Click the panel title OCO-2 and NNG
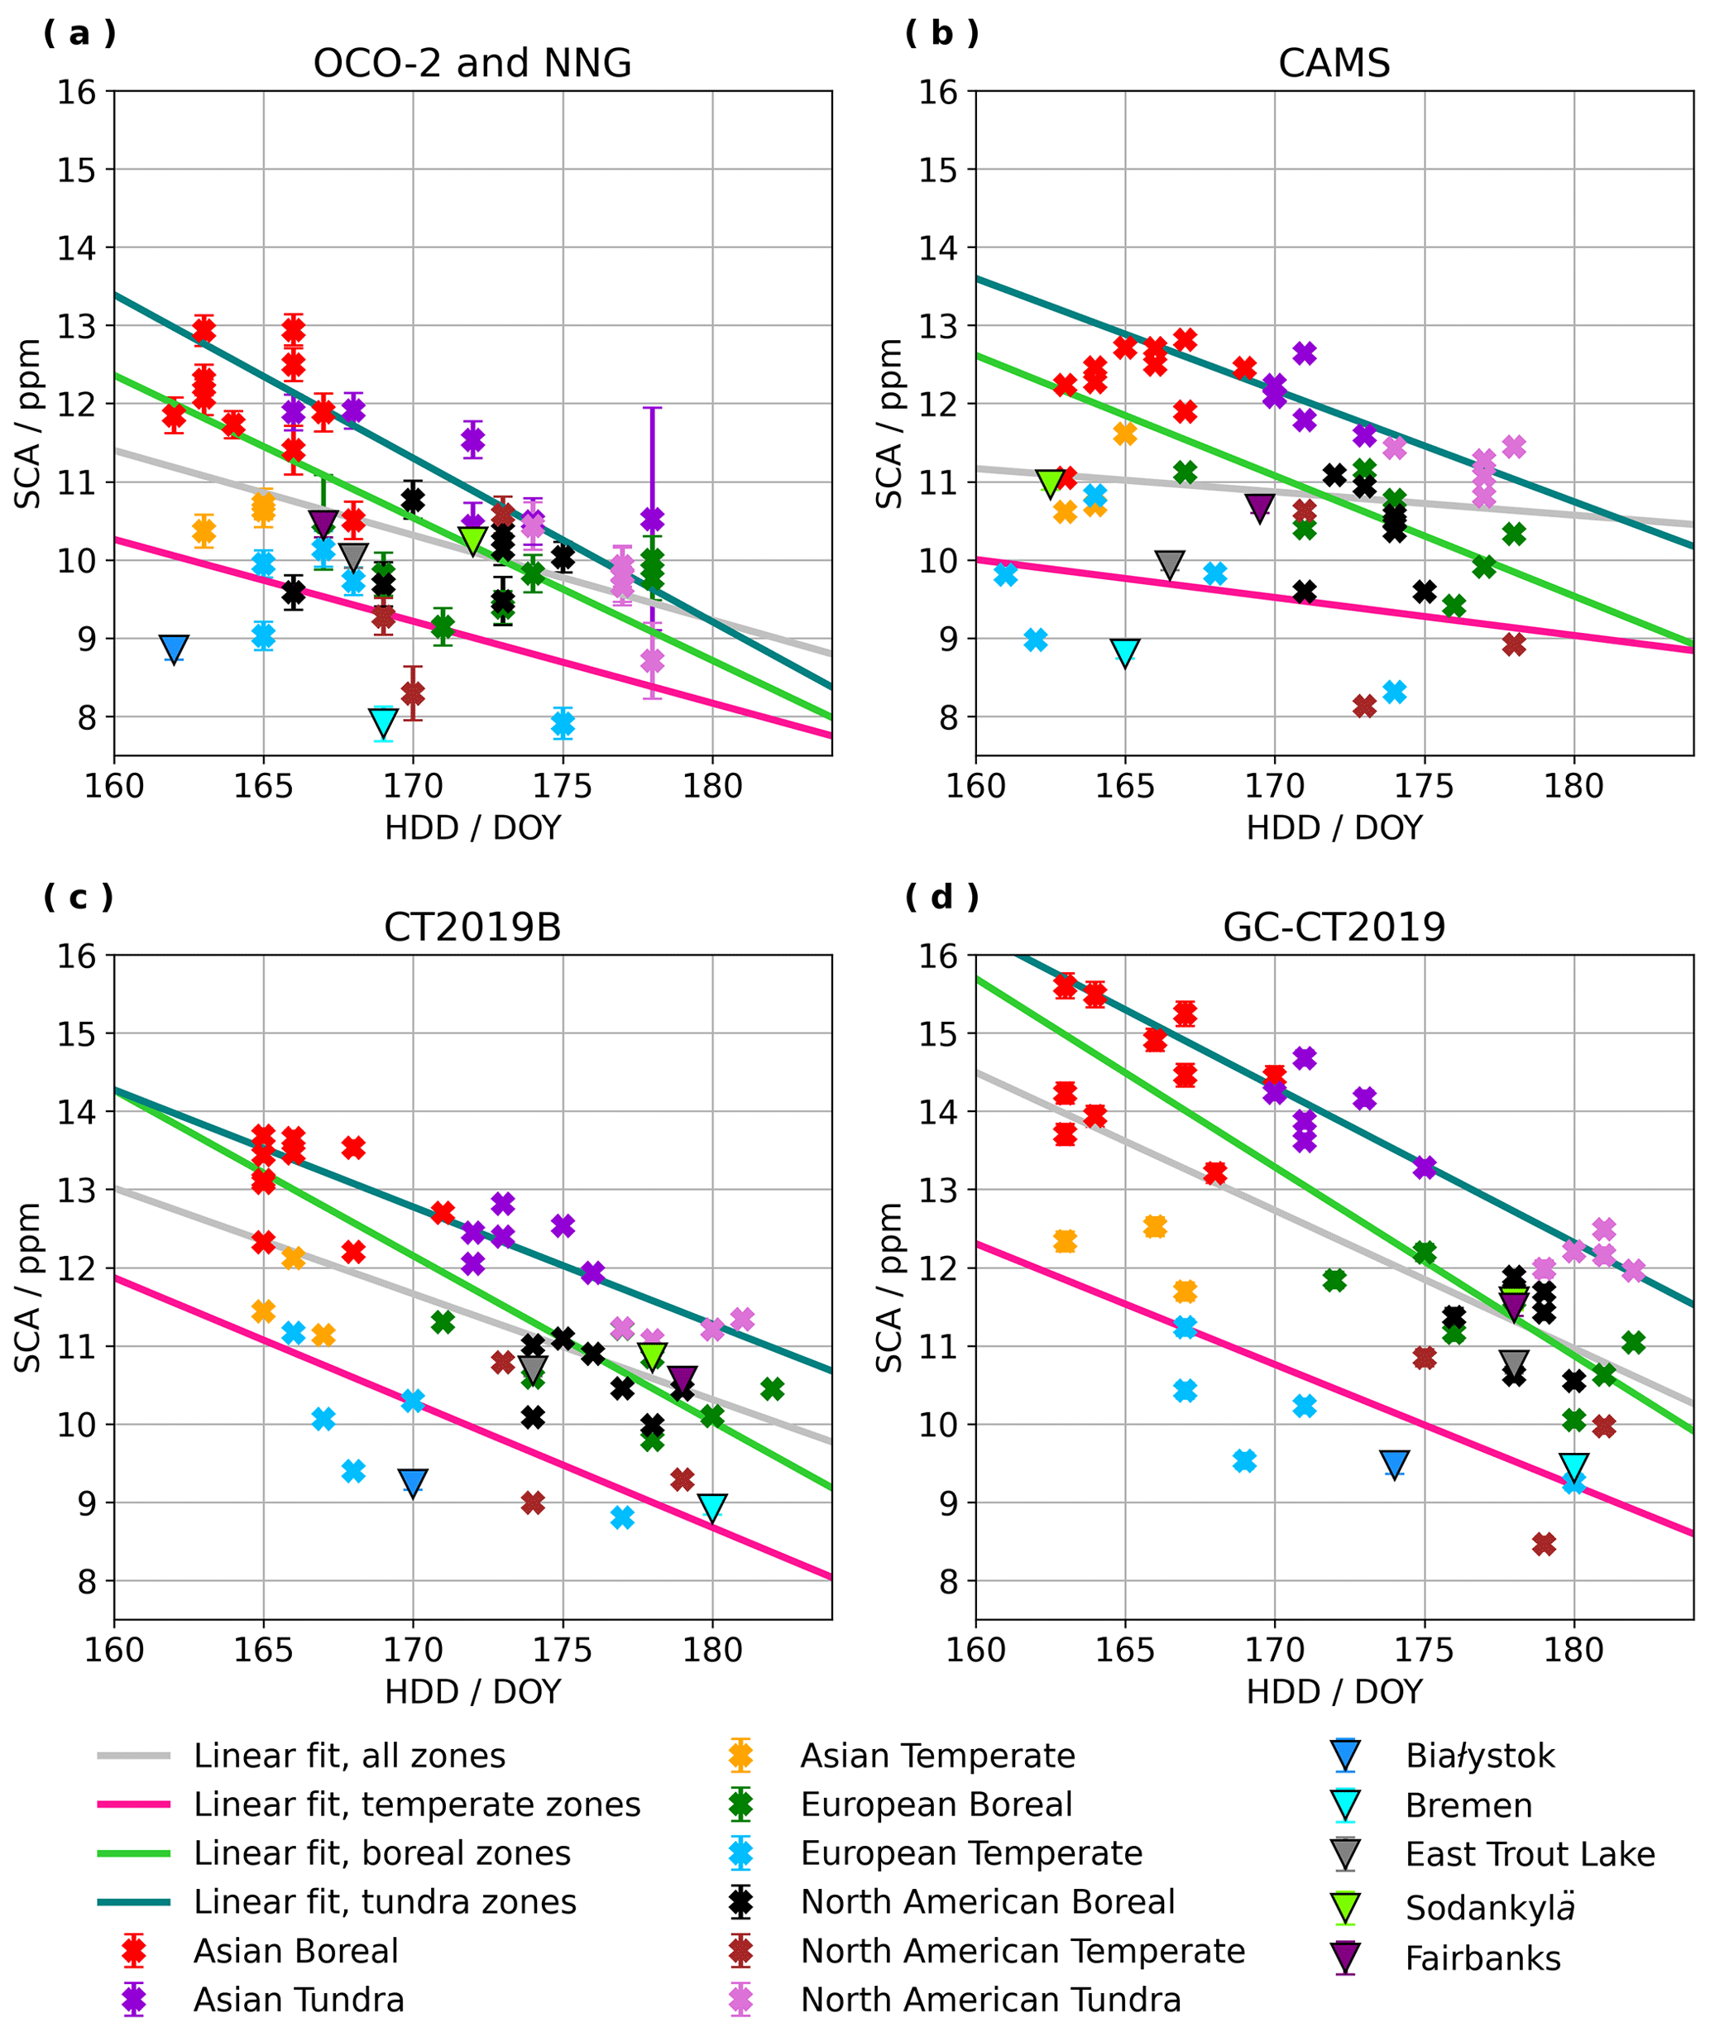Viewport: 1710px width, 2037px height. tap(472, 63)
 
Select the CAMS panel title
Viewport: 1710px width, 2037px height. tap(1334, 63)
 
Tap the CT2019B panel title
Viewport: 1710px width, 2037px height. tap(472, 927)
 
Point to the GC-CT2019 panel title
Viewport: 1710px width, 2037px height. tap(1334, 927)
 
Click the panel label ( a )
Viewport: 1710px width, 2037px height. tap(79, 33)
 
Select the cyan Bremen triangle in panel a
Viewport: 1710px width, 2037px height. tap(384, 722)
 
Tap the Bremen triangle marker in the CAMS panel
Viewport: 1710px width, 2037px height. tap(1125, 653)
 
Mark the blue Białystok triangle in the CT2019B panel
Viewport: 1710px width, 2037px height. tap(413, 1482)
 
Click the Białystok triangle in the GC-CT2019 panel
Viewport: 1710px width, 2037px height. tap(1395, 1464)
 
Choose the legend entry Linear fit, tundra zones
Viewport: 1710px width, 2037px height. tap(385, 1902)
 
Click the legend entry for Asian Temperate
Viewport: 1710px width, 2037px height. tap(937, 1756)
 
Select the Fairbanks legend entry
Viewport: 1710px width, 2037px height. tap(1482, 1958)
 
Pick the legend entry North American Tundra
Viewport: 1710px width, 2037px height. tap(990, 2000)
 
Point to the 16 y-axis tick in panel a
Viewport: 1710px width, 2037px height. tap(78, 92)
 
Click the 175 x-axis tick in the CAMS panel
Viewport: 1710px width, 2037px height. tap(1424, 786)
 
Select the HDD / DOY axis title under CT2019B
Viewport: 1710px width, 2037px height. tap(472, 1692)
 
